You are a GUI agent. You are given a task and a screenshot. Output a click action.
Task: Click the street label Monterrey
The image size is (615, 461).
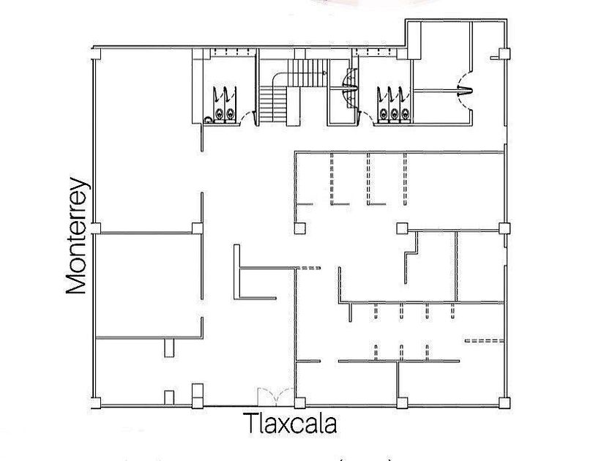click(77, 236)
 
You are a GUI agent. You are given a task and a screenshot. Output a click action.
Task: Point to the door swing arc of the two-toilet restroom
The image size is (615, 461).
click(247, 117)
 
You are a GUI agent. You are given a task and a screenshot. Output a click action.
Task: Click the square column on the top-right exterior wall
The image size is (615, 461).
click(503, 53)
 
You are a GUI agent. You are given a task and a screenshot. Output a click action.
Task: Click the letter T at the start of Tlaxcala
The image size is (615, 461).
click(252, 424)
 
